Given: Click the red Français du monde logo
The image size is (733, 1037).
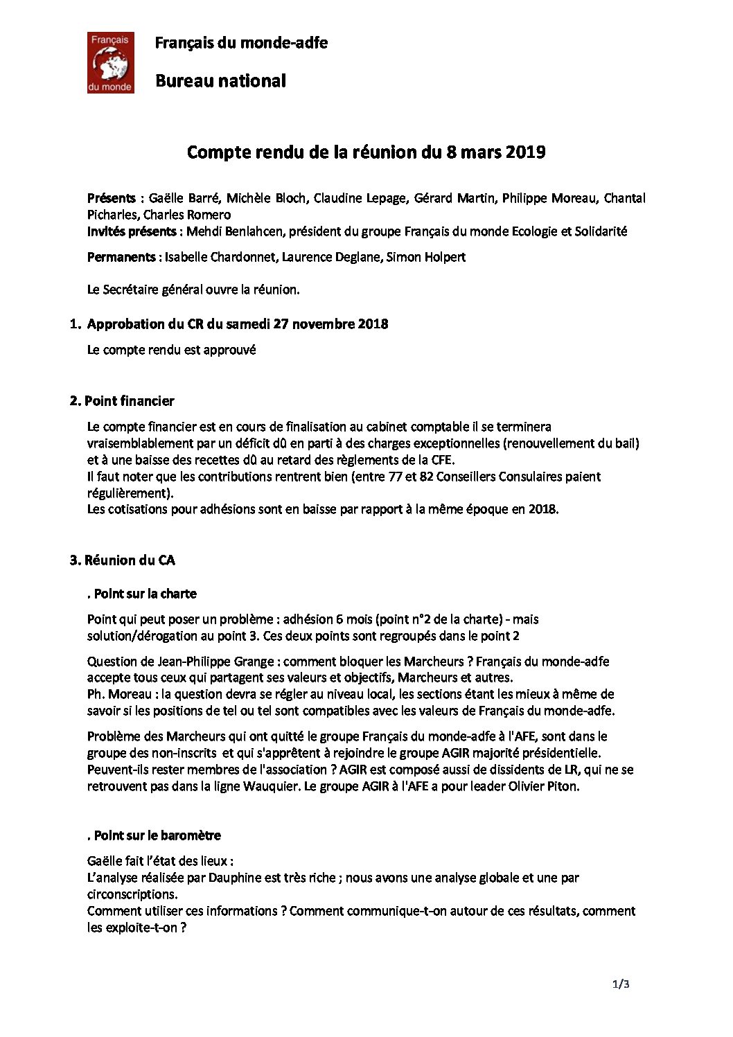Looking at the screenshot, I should pos(110,62).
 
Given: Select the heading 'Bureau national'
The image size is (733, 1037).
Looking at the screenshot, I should pos(220,81).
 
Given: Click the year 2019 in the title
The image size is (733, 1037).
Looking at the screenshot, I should pos(525,152).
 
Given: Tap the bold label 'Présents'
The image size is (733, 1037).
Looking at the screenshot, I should pos(111,198).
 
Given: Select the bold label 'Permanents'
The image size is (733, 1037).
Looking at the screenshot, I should pos(121,257).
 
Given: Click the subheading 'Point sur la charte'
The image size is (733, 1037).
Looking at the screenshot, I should pos(145,594).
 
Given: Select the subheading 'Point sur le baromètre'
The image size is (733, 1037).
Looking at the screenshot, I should pos(157,835).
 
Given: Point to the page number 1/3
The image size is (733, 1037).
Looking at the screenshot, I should pos(620,984).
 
